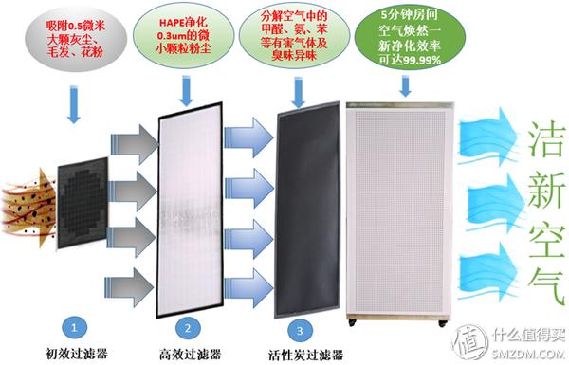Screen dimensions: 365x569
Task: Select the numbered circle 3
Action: click(299, 329)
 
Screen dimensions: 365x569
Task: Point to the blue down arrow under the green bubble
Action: click(407, 86)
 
